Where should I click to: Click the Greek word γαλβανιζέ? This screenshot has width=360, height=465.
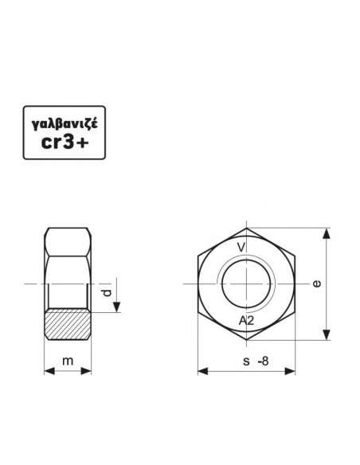coord(65,124)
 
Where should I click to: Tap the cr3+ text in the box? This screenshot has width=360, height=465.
coord(65,143)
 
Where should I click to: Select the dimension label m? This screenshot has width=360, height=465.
coord(68,361)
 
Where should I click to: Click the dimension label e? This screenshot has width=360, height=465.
coord(317,283)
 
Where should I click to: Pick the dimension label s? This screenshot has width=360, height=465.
coord(246,361)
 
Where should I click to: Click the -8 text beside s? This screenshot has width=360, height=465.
coord(264,361)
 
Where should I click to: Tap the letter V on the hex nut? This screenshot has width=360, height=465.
coord(241,247)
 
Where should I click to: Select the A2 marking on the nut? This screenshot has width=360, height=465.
coord(246,320)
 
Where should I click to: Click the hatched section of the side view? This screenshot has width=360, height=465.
coord(68,324)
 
